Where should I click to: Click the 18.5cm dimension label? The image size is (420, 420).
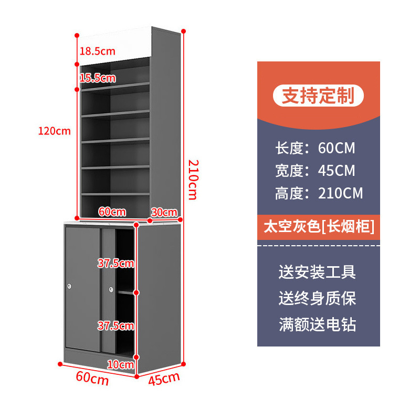(x=97, y=51)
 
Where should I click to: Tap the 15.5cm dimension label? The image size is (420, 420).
(x=97, y=78)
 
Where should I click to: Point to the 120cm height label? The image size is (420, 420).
(x=54, y=131)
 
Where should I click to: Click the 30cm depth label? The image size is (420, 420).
(x=164, y=212)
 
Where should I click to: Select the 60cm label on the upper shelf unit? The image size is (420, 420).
(x=112, y=212)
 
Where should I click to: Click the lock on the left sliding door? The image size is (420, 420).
(x=70, y=286)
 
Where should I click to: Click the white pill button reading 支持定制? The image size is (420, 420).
(x=318, y=96)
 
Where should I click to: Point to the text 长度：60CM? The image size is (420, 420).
(x=315, y=148)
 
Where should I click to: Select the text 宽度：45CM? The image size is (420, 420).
(x=315, y=171)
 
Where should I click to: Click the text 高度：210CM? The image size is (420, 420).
(x=319, y=193)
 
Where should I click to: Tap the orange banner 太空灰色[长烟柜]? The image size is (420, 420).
(x=318, y=227)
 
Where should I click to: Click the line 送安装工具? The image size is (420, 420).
(x=317, y=272)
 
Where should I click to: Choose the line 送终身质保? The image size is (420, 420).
(x=317, y=298)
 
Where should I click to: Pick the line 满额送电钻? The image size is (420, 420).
(x=317, y=324)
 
